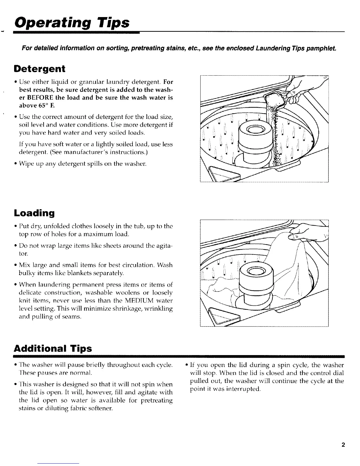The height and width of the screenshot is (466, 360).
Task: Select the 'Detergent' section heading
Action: click(x=39, y=69)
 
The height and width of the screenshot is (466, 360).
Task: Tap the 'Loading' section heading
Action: click(x=34, y=213)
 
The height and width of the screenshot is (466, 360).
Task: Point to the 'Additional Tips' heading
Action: click(x=53, y=349)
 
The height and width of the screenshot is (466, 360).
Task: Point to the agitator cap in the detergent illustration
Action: click(x=253, y=129)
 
